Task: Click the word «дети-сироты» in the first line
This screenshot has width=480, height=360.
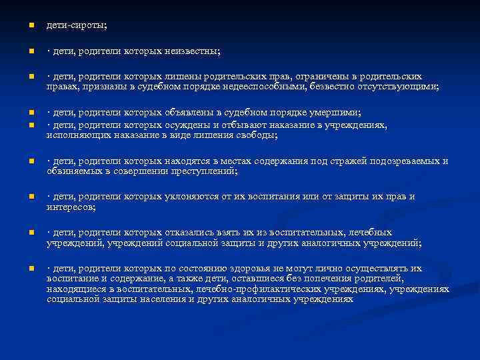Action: tap(76, 25)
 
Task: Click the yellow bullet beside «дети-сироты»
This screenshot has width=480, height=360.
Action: tap(31, 25)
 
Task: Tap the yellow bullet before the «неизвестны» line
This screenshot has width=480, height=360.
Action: tap(31, 51)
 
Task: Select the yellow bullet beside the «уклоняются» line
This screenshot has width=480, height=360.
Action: tap(31, 197)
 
